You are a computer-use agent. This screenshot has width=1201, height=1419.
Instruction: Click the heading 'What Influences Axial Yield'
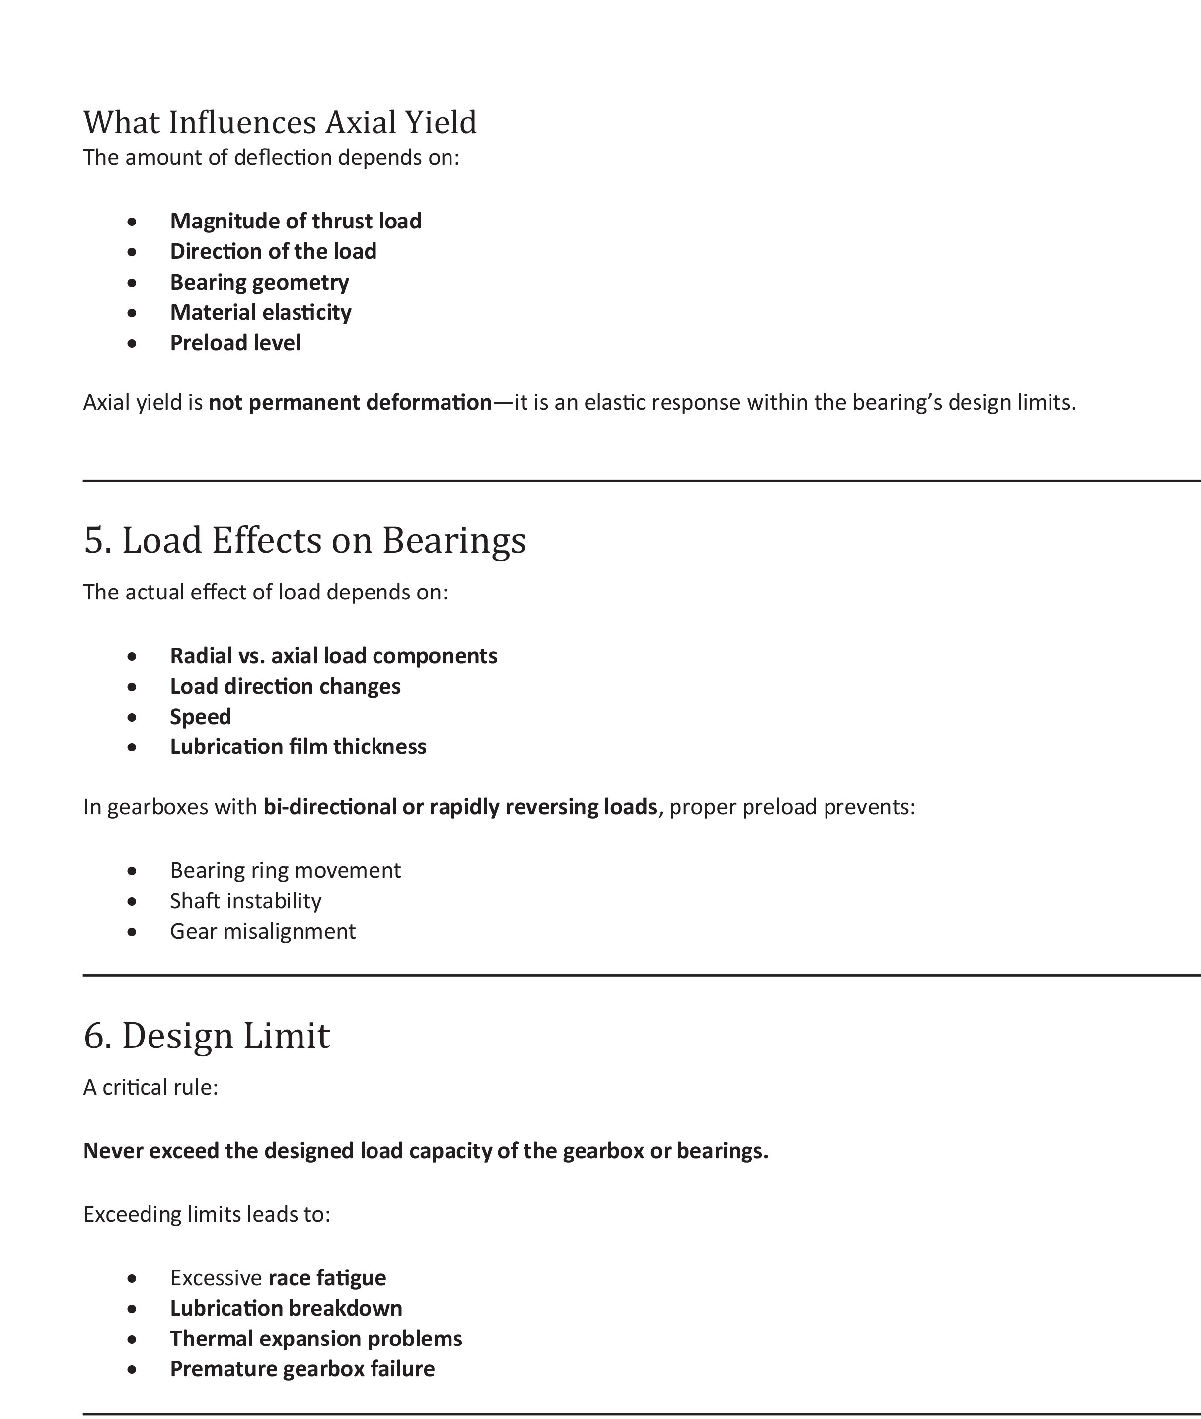280,123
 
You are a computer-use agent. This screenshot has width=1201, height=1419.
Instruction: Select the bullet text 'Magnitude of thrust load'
296,222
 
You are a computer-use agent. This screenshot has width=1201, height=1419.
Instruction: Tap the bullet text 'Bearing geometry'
259,282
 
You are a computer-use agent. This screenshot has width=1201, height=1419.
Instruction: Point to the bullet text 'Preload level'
235,343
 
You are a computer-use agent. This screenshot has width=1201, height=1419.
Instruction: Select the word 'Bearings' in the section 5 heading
453,541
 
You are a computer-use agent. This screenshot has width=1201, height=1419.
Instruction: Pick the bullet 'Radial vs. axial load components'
334,656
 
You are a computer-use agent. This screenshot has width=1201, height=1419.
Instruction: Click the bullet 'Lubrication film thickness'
298,747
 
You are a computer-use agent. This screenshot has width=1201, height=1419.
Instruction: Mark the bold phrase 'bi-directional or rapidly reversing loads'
460,807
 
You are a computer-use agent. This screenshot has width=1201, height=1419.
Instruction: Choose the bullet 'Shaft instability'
245,901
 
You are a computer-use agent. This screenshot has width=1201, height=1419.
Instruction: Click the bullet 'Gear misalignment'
262,931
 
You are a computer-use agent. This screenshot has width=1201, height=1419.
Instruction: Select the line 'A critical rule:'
150,1087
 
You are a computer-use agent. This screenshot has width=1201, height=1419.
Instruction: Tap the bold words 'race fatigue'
327,1278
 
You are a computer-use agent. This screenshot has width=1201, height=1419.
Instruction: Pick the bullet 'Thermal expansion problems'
316,1339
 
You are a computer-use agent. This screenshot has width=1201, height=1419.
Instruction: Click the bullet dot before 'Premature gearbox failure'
132,1369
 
